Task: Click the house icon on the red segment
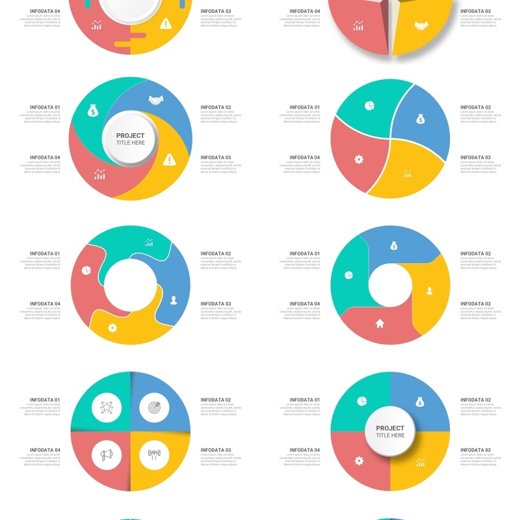tap(380, 322)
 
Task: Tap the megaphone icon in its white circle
tap(107, 455)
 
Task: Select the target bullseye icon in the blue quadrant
tap(154, 408)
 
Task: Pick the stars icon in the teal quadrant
tap(107, 408)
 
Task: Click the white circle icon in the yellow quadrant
tap(154, 455)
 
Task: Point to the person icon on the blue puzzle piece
tap(174, 300)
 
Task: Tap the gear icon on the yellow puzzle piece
tap(112, 328)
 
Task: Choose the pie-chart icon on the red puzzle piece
tap(86, 269)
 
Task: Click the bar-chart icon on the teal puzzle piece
tap(149, 242)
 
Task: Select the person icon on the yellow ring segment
tap(430, 291)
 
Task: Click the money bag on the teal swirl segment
tap(93, 111)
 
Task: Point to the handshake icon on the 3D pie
tap(421, 26)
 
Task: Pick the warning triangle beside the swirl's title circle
tap(170, 159)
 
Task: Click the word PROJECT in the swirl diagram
tap(130, 136)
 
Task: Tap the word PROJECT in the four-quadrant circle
tap(390, 428)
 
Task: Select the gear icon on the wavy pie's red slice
tap(358, 159)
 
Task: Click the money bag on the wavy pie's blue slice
tap(420, 119)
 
